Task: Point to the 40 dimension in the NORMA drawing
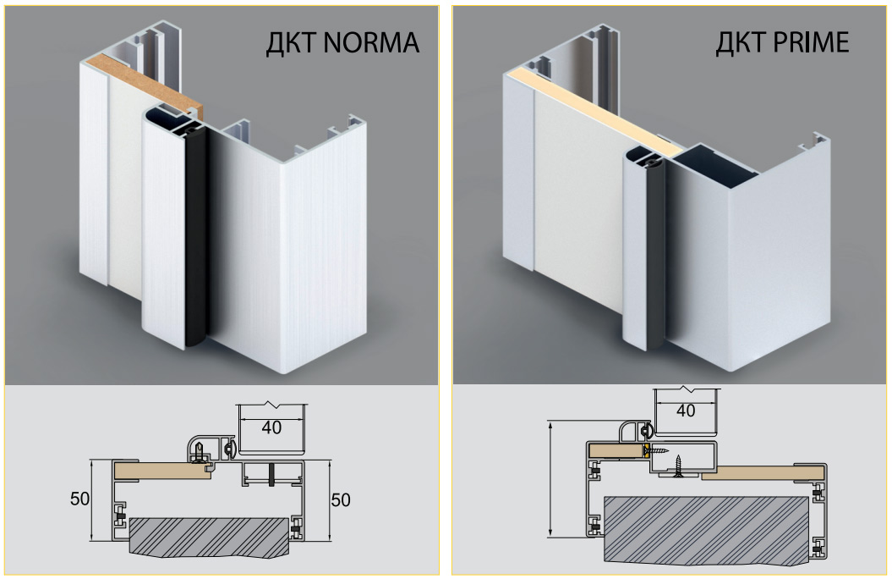(271, 428)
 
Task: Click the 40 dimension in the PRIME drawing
(687, 411)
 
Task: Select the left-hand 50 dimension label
(79, 499)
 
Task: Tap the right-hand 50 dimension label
(341, 499)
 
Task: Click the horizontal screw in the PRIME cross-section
(660, 451)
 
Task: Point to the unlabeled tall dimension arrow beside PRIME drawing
(550, 478)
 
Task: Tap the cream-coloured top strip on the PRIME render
(592, 110)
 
